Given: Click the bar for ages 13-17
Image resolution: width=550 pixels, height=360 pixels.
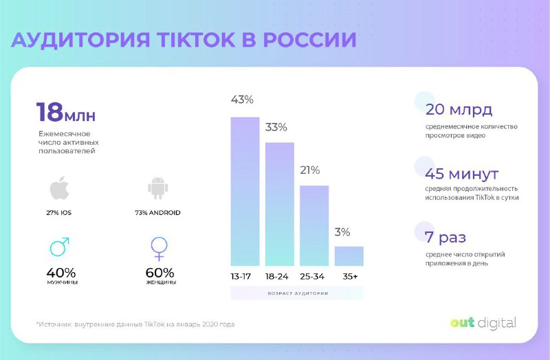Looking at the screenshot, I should point(245,192).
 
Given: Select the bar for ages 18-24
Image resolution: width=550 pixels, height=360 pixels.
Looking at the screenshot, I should point(280,204).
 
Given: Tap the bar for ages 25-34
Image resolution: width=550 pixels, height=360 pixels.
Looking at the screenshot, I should point(314,226).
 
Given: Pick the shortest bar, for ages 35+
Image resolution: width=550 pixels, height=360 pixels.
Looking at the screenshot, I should point(349,256).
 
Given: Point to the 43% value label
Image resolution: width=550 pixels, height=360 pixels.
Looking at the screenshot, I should point(242,100).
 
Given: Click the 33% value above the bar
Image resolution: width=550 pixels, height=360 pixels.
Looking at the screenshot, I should point(276,127).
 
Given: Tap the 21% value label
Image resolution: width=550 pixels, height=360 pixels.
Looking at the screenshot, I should point(309,170).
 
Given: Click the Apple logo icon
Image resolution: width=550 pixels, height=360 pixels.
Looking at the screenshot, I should point(59,188).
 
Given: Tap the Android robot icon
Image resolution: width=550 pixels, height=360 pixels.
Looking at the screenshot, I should point(158,188).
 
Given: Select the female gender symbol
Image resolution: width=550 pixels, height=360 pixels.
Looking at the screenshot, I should point(159,249).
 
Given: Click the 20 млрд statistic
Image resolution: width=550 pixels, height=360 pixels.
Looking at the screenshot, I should point(459,111).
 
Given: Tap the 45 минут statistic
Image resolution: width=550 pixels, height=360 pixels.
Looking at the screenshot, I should point(462,173).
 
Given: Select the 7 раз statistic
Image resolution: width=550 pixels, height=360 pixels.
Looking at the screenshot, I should point(445,238).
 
